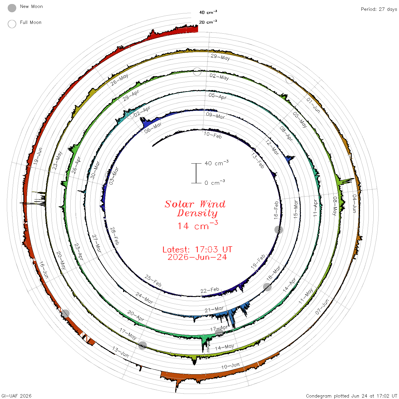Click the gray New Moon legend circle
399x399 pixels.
tap(12, 8)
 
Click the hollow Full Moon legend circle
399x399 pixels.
tap(12, 24)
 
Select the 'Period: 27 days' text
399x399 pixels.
tap(379, 9)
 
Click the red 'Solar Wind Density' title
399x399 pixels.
tap(195, 209)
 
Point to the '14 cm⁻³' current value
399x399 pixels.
tap(198, 225)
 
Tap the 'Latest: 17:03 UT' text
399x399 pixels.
tap(197, 249)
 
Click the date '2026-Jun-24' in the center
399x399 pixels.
tap(197, 257)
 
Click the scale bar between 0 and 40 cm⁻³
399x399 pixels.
tap(196, 173)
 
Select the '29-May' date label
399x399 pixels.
tap(220, 57)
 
